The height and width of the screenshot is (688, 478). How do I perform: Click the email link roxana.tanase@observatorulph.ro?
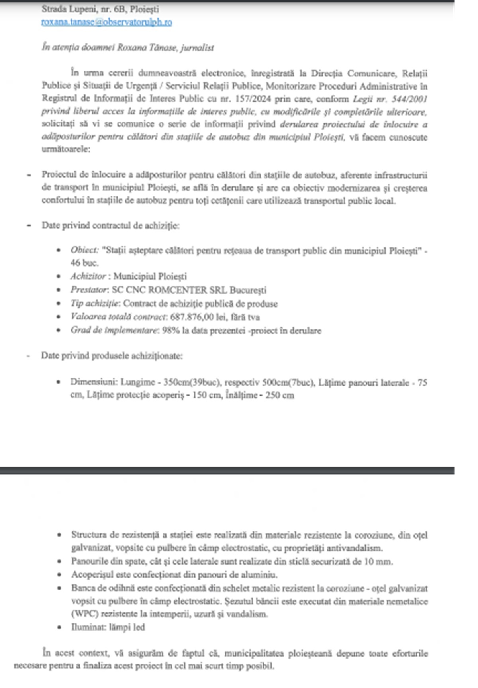106,22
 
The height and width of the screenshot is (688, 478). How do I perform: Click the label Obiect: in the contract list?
84,250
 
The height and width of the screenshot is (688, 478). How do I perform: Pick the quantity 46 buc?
84,263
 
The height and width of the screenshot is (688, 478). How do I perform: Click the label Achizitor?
88,276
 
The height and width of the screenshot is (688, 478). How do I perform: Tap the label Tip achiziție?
95,304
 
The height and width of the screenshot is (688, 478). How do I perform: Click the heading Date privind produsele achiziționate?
112,356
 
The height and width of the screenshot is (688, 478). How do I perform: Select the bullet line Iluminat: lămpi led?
108,627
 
